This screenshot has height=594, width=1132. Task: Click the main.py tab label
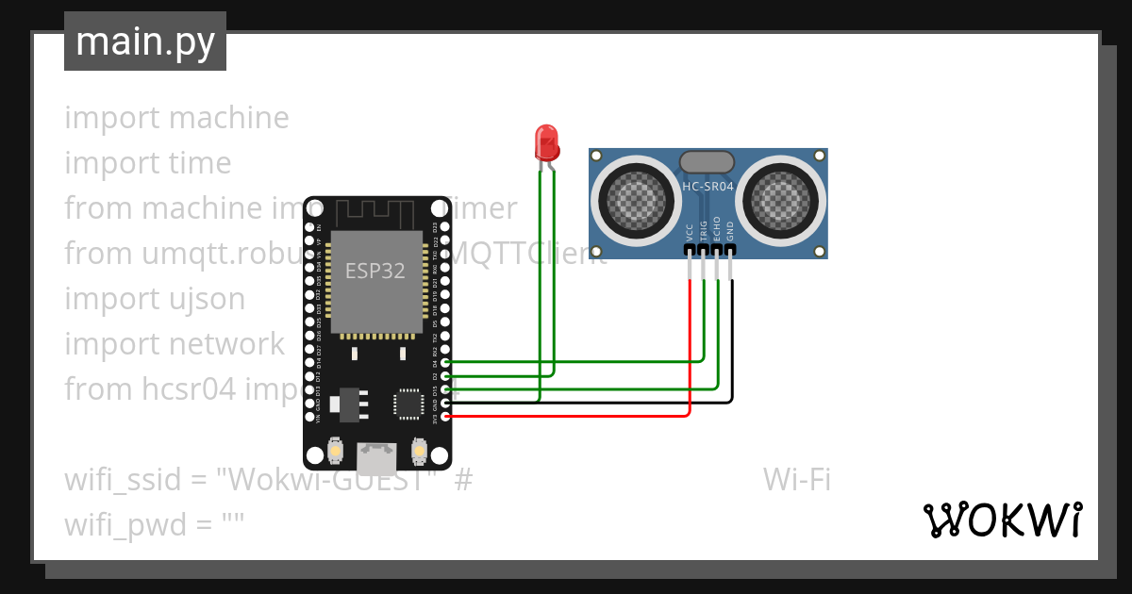[144, 42]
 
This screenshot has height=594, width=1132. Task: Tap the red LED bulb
[546, 142]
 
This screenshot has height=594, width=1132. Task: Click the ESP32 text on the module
[375, 272]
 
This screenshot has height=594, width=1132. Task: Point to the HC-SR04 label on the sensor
[707, 187]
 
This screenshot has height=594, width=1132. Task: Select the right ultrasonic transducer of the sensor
[786, 199]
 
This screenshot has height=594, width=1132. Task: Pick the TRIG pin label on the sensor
[704, 232]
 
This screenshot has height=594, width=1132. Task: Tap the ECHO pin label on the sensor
[717, 231]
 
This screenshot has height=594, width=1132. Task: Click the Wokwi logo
[1003, 520]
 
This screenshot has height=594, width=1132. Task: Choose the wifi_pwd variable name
[126, 525]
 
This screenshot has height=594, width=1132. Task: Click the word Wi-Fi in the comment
[797, 480]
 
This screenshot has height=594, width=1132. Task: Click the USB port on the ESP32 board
[376, 459]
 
